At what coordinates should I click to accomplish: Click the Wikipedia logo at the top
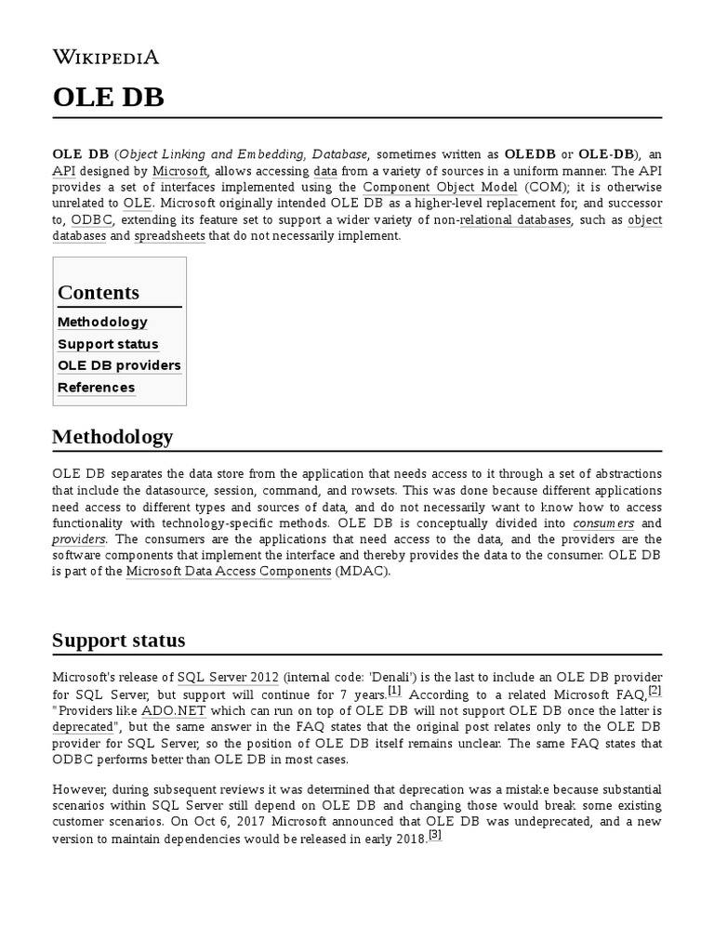pos(105,58)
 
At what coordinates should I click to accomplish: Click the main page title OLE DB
pos(108,98)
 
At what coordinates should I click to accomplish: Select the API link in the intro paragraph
pos(64,171)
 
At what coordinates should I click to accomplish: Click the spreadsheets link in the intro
pos(169,236)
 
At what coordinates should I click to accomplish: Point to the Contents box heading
pos(99,292)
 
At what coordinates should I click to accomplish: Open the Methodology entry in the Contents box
pos(102,322)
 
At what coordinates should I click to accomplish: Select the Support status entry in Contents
pos(108,344)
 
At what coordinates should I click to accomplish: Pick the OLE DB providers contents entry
pos(119,365)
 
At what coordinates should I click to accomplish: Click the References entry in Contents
pos(96,388)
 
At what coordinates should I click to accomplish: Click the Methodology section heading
pos(112,436)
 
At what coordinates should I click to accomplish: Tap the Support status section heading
pos(118,640)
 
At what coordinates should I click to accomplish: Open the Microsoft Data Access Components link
pos(229,571)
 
